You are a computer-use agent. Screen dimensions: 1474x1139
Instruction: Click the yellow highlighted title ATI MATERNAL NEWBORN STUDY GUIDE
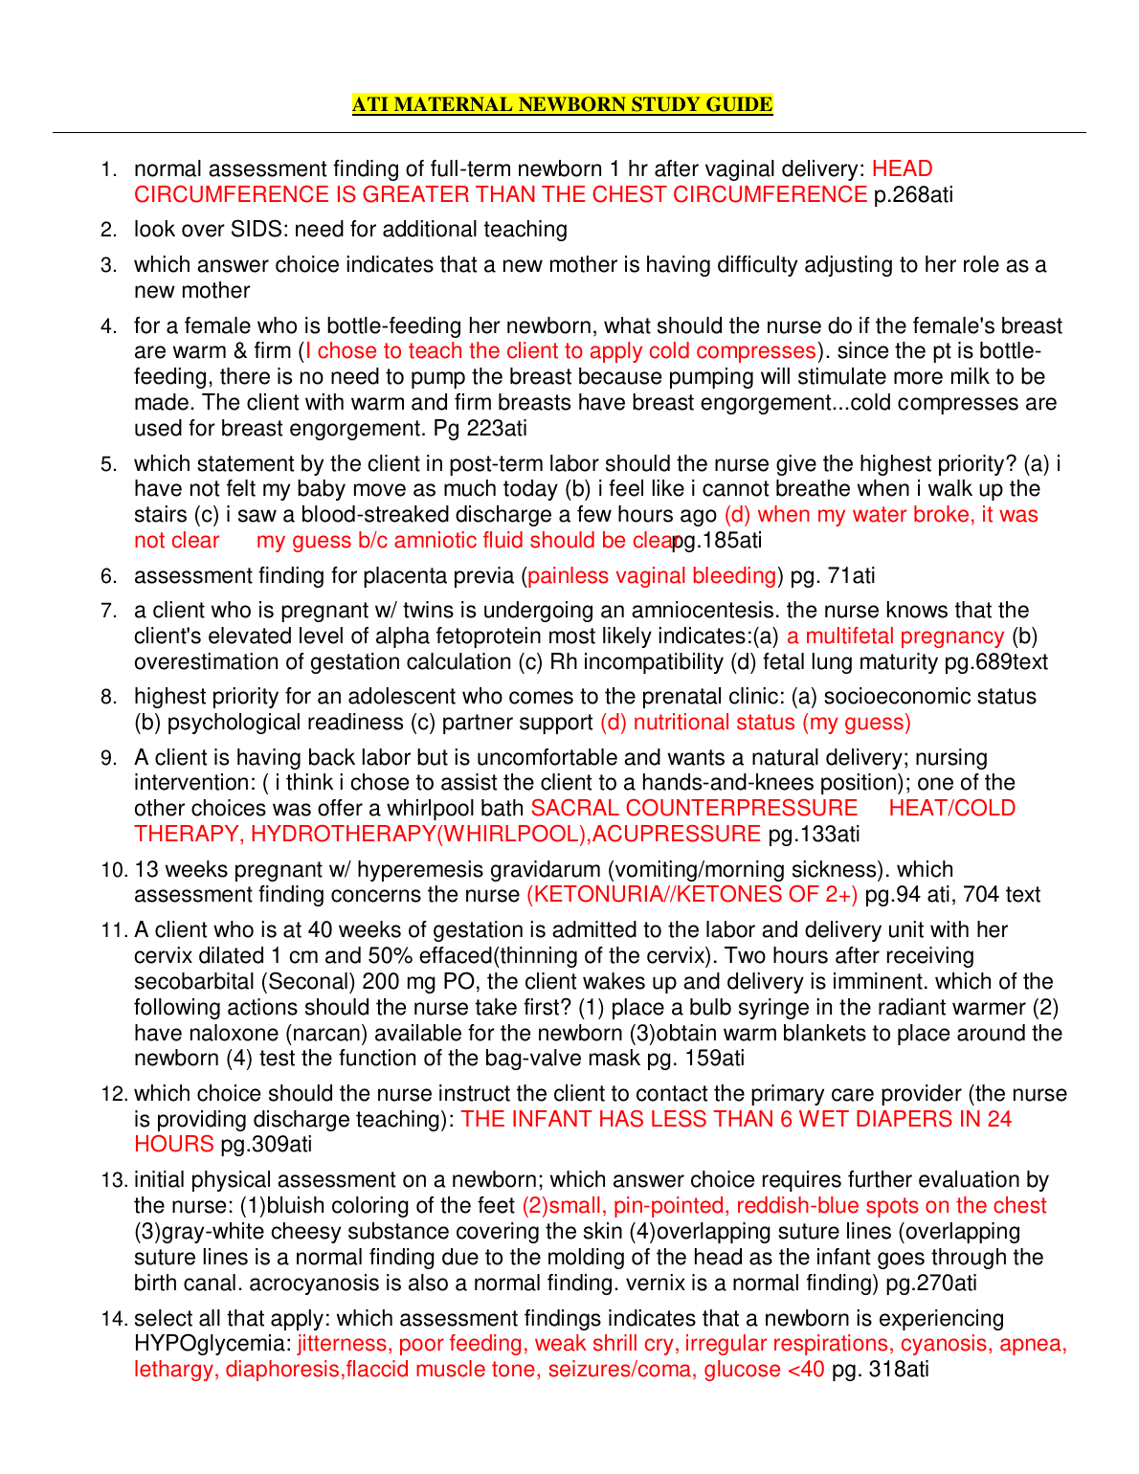(562, 104)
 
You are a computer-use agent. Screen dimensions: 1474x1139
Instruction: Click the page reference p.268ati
(913, 195)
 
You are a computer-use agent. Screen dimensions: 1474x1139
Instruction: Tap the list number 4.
(109, 327)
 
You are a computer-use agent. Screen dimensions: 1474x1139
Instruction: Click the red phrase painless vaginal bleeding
(652, 576)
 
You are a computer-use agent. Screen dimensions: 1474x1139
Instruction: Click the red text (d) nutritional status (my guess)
(755, 723)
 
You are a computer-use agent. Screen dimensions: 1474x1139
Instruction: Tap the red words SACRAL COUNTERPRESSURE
(694, 809)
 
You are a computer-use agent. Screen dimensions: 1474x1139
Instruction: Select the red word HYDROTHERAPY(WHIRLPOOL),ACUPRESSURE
(506, 835)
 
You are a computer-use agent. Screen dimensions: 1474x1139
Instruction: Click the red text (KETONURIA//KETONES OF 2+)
(692, 895)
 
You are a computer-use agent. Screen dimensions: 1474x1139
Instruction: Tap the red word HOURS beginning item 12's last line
(173, 1145)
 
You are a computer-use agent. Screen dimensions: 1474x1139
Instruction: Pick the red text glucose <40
(764, 1370)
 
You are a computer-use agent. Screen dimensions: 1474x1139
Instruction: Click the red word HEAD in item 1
(902, 169)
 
